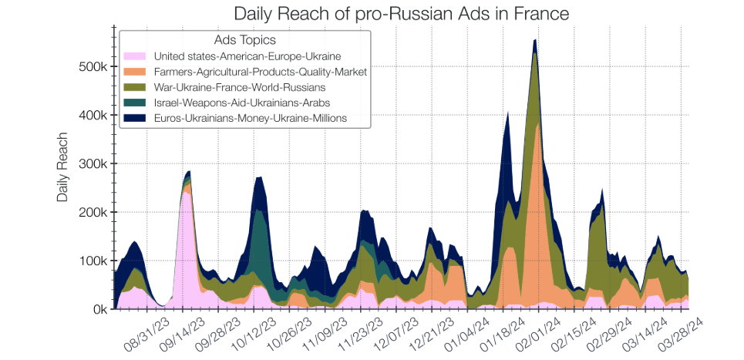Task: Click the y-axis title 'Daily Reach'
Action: [x=63, y=167]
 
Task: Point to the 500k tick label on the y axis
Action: [x=92, y=67]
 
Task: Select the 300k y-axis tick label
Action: [x=92, y=164]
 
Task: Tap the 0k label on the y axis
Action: [x=97, y=309]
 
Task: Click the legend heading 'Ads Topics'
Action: [x=244, y=40]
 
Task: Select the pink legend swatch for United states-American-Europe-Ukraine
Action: [x=136, y=56]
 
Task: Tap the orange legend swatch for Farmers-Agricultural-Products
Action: [x=136, y=72]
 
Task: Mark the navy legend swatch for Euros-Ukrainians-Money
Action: [x=136, y=118]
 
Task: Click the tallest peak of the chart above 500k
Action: [x=535, y=41]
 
